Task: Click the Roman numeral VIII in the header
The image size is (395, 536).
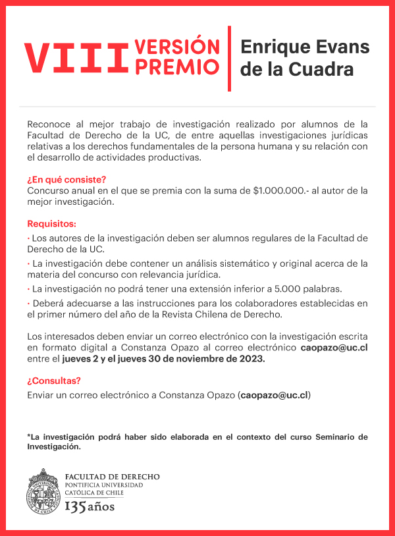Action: click(75, 59)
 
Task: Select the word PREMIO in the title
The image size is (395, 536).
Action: click(176, 67)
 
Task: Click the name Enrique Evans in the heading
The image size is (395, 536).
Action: click(305, 47)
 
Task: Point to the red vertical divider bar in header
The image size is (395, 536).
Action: click(229, 59)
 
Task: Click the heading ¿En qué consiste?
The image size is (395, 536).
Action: click(66, 179)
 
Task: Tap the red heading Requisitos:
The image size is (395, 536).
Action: click(51, 224)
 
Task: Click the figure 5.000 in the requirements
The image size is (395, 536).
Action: click(302, 289)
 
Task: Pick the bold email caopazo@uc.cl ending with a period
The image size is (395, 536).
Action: click(334, 346)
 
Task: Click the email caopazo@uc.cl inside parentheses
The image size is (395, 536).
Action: click(275, 395)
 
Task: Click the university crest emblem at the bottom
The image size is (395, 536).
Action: click(43, 491)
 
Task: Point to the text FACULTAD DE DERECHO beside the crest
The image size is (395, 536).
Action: click(112, 477)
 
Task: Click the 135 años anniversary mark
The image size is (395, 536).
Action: click(90, 506)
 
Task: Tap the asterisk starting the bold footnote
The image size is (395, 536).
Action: click(29, 437)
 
